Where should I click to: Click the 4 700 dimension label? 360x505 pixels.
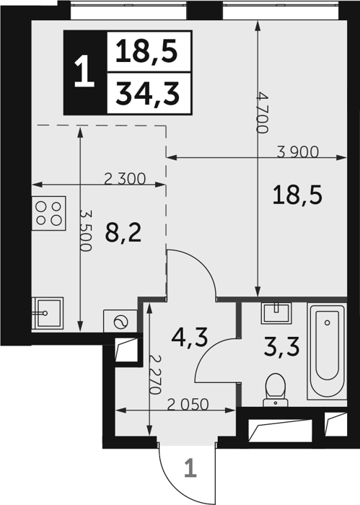263,113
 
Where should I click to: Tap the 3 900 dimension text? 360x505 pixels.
298,151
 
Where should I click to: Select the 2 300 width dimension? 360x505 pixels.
126,179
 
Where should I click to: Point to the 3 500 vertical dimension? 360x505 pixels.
86,231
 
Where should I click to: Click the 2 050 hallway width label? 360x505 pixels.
188,405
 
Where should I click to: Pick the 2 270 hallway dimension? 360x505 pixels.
156,375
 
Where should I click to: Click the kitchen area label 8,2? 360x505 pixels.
123,233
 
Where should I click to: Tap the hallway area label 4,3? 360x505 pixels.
189,338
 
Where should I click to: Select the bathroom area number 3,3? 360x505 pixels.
282,347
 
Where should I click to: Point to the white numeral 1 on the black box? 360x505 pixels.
84,71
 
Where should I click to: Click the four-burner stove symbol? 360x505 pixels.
48,214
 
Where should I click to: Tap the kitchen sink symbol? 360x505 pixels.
48,313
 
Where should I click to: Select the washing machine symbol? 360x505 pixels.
120,322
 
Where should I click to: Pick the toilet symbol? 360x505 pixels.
276,390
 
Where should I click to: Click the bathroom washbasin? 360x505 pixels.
276,313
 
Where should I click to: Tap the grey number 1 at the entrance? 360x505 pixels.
190,468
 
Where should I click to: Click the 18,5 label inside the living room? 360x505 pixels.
297,196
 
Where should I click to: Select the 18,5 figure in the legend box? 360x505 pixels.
147,51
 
